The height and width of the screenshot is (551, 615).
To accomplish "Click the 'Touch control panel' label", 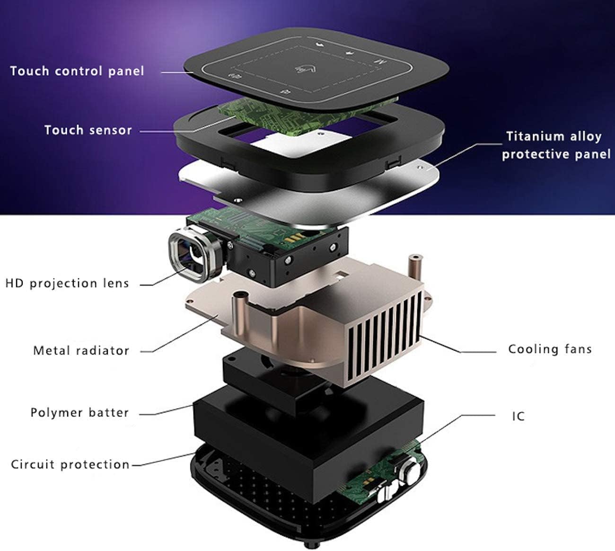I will coord(77,71).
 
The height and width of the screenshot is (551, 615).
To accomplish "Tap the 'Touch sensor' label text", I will coord(88,130).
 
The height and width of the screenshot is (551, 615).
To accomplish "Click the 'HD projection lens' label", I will coord(67,284).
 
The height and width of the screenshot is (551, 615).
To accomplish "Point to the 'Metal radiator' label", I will coord(81,351).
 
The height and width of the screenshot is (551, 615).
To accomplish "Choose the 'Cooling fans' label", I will coord(550,349).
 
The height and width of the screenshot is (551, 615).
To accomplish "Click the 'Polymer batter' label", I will coord(79,413).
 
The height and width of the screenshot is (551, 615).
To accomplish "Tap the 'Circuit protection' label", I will coord(70,464).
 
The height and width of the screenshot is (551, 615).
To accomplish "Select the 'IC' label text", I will coord(518,417).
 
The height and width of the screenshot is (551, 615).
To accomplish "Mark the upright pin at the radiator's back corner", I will coord(414,263).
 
